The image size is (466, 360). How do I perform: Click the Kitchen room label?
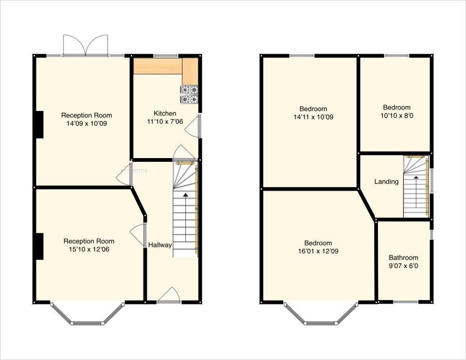165,113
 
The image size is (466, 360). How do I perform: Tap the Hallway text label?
160,245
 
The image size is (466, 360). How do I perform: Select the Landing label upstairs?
386,181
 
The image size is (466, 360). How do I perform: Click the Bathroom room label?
403,257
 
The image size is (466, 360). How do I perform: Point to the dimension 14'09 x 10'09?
87,124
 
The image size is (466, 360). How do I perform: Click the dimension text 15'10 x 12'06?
89,249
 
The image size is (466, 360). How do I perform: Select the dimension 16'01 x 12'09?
318,251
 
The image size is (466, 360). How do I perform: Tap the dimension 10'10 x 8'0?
397,116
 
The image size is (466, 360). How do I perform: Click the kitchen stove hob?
189,94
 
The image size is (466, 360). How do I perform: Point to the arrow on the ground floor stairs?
186,196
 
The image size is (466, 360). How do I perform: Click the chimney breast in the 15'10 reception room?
39,246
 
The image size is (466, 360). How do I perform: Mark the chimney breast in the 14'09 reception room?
39,125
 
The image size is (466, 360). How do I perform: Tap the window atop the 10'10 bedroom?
397,56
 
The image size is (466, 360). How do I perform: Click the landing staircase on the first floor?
416,187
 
